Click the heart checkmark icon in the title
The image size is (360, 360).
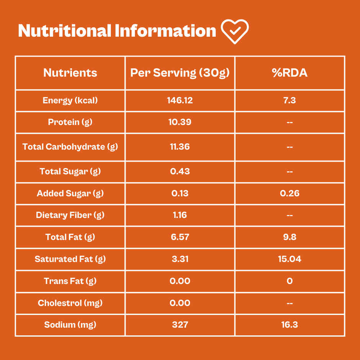click(x=235, y=31)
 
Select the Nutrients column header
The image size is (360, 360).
click(x=70, y=73)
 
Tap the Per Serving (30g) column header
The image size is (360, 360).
click(x=180, y=73)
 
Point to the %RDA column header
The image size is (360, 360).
click(x=290, y=73)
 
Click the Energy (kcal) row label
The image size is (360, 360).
click(x=70, y=101)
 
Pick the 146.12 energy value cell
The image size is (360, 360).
click(x=180, y=101)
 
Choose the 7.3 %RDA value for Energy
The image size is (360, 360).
click(x=290, y=101)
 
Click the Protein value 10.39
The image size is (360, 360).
click(x=180, y=122)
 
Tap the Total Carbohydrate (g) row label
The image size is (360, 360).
click(x=70, y=147)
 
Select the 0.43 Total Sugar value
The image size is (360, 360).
click(x=180, y=171)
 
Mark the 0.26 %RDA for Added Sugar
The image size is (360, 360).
click(x=290, y=193)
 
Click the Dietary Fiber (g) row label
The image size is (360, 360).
click(x=70, y=215)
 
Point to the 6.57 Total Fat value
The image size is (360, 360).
click(x=180, y=237)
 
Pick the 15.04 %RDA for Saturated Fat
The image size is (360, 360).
click(x=290, y=259)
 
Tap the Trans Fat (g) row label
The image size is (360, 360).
click(x=70, y=281)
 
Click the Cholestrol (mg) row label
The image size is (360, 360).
click(x=70, y=303)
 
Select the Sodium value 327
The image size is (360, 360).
click(x=180, y=325)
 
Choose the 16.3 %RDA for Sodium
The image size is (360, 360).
click(x=290, y=325)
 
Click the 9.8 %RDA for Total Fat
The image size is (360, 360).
click(x=290, y=237)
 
